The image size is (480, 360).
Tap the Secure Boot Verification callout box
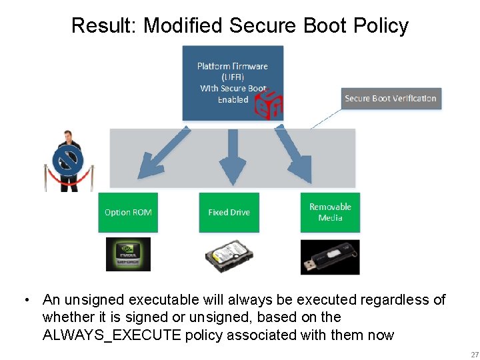click(390, 98)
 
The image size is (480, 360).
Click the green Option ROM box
click(128, 212)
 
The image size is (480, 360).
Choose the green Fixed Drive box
click(229, 212)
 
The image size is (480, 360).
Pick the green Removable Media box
click(330, 212)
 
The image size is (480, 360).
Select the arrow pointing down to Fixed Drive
click(233, 157)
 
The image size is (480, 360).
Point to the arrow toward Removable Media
click(294, 155)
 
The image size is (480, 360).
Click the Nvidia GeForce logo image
click(128, 254)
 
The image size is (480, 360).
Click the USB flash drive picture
click(330, 257)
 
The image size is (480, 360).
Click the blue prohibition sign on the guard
click(69, 162)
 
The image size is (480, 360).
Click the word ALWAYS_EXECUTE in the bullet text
click(111, 335)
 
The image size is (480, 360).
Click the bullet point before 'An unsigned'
click(26, 300)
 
